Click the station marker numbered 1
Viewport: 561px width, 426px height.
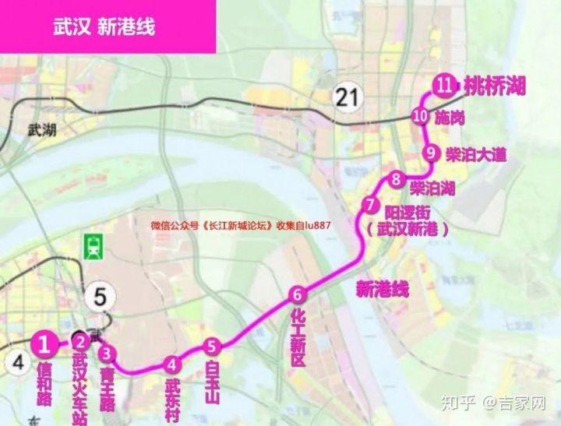click(45, 342)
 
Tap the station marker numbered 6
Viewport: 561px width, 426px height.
click(296, 294)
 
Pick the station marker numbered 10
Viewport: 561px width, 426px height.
click(421, 117)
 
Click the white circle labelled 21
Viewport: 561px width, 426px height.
click(346, 97)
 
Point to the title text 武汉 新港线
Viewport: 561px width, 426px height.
click(104, 26)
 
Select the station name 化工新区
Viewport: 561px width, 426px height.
click(298, 336)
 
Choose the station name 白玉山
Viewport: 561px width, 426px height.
click(212, 382)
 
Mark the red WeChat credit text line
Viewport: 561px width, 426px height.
click(242, 226)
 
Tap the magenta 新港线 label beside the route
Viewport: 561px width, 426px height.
click(383, 290)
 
